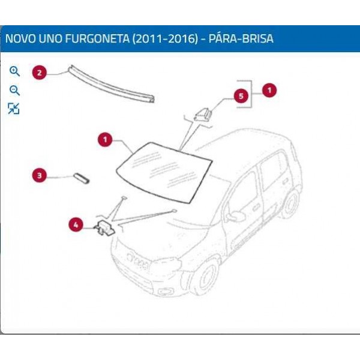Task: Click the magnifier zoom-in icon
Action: (x=14, y=71)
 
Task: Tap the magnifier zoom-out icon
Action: (x=14, y=91)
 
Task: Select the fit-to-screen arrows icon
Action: (x=14, y=109)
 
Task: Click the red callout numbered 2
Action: (x=40, y=73)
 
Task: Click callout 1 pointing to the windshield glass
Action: (x=105, y=140)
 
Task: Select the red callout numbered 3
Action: (x=40, y=176)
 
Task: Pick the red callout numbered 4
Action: (x=76, y=225)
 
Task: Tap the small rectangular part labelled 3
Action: (x=81, y=178)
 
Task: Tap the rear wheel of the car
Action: (x=289, y=202)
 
